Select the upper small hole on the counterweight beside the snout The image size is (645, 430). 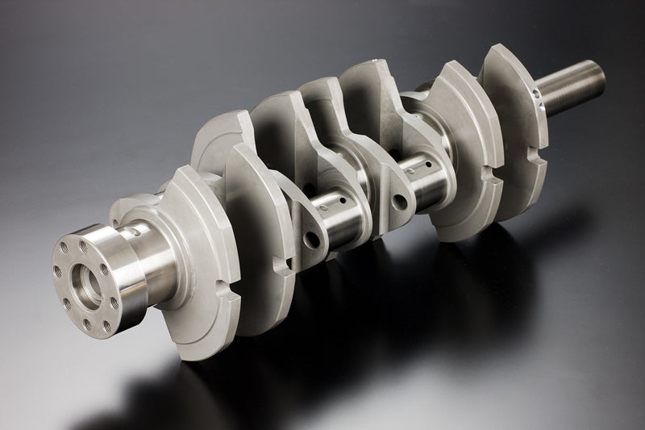[x=534, y=94]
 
